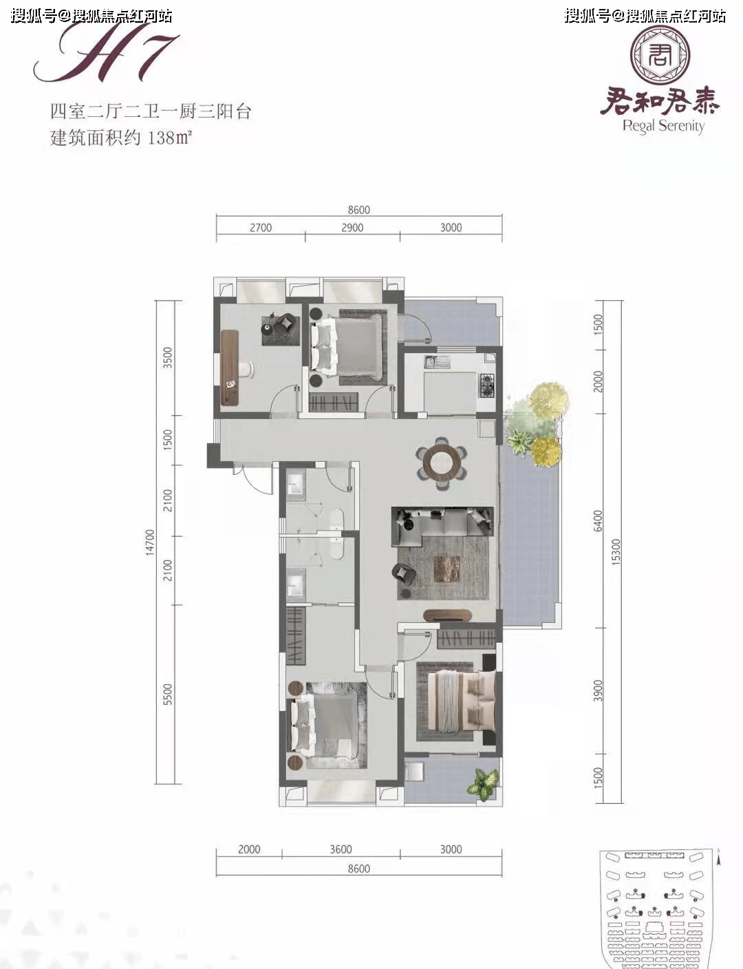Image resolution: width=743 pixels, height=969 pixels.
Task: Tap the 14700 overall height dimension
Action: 151,543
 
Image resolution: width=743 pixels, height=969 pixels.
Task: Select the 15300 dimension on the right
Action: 616,551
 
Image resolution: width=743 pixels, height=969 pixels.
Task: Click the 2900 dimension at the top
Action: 352,228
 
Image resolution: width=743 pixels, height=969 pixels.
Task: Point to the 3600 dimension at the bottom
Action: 341,849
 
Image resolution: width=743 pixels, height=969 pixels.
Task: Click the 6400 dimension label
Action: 598,520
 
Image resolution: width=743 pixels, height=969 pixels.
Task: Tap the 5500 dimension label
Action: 168,694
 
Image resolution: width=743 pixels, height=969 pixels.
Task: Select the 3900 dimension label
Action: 598,690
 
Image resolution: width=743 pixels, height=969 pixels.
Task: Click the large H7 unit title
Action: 107,55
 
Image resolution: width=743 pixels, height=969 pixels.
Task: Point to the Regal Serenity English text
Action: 663,126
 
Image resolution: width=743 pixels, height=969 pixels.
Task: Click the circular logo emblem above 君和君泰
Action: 661,55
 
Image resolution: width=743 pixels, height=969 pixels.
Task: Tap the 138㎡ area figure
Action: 169,137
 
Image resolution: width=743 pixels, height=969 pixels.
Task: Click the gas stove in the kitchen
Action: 487,385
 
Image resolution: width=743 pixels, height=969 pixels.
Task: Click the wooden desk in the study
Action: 230,367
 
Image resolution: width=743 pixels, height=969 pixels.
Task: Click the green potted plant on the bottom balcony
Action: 483,783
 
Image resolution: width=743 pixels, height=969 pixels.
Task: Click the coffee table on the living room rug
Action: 446,568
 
